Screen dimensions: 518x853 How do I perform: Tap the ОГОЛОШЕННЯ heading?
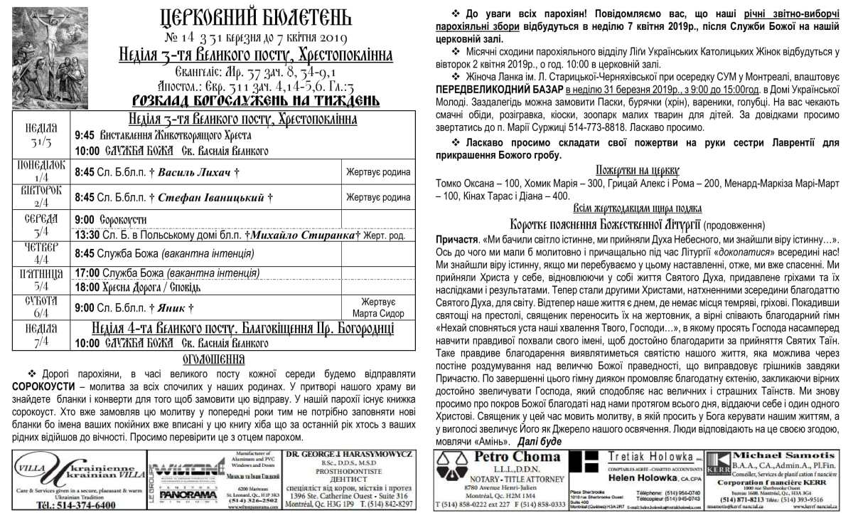214,359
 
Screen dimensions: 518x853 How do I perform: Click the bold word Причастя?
457,240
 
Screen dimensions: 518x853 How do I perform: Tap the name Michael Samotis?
780,455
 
